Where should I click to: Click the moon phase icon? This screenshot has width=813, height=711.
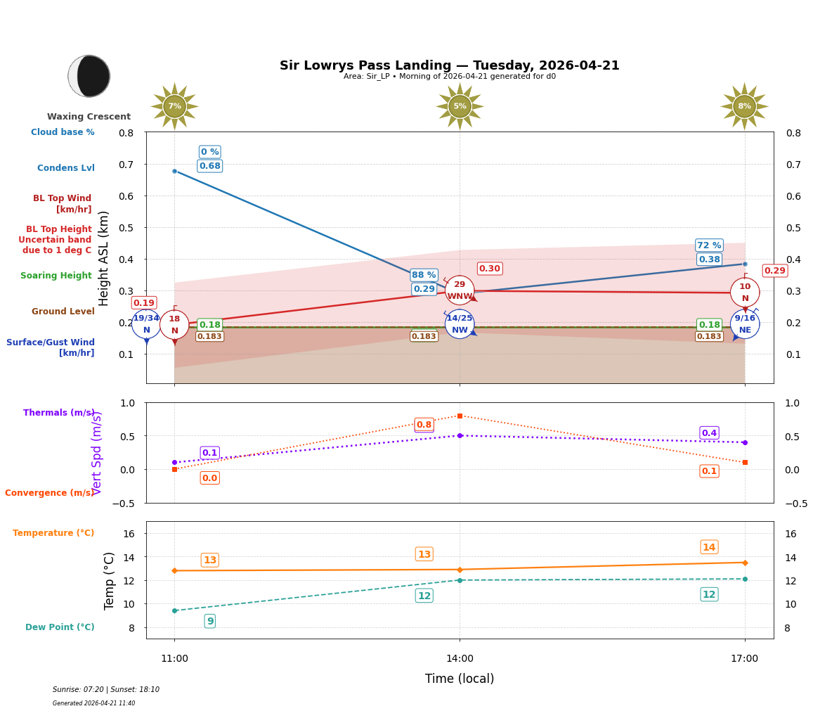click(x=89, y=76)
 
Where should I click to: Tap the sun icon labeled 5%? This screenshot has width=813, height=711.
click(x=460, y=106)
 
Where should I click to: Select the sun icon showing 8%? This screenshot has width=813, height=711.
click(x=744, y=106)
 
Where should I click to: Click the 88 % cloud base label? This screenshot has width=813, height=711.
click(x=424, y=275)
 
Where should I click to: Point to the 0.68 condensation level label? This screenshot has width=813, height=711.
click(x=209, y=166)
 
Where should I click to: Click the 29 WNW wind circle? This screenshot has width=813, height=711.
click(x=460, y=290)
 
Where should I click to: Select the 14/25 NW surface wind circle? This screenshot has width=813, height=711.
click(x=460, y=324)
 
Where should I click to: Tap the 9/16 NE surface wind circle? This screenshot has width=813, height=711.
click(x=744, y=324)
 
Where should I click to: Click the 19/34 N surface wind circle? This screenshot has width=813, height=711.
click(x=146, y=324)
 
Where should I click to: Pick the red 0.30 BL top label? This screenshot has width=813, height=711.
click(x=490, y=269)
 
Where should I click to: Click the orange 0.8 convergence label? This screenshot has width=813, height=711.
click(x=424, y=425)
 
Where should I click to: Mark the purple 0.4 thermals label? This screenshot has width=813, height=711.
click(x=709, y=433)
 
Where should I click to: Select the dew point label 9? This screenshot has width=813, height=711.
click(x=209, y=621)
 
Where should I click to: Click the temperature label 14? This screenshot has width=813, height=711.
click(x=709, y=547)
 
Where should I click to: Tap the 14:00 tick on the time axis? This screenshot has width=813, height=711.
click(x=460, y=658)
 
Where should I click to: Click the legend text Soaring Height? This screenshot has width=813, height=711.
click(x=56, y=276)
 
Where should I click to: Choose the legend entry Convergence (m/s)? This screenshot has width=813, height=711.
click(x=49, y=493)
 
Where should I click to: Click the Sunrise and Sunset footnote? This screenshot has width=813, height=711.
click(x=106, y=690)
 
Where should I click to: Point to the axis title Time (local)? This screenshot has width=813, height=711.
click(x=460, y=679)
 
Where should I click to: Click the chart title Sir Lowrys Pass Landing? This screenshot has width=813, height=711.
click(x=449, y=65)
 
